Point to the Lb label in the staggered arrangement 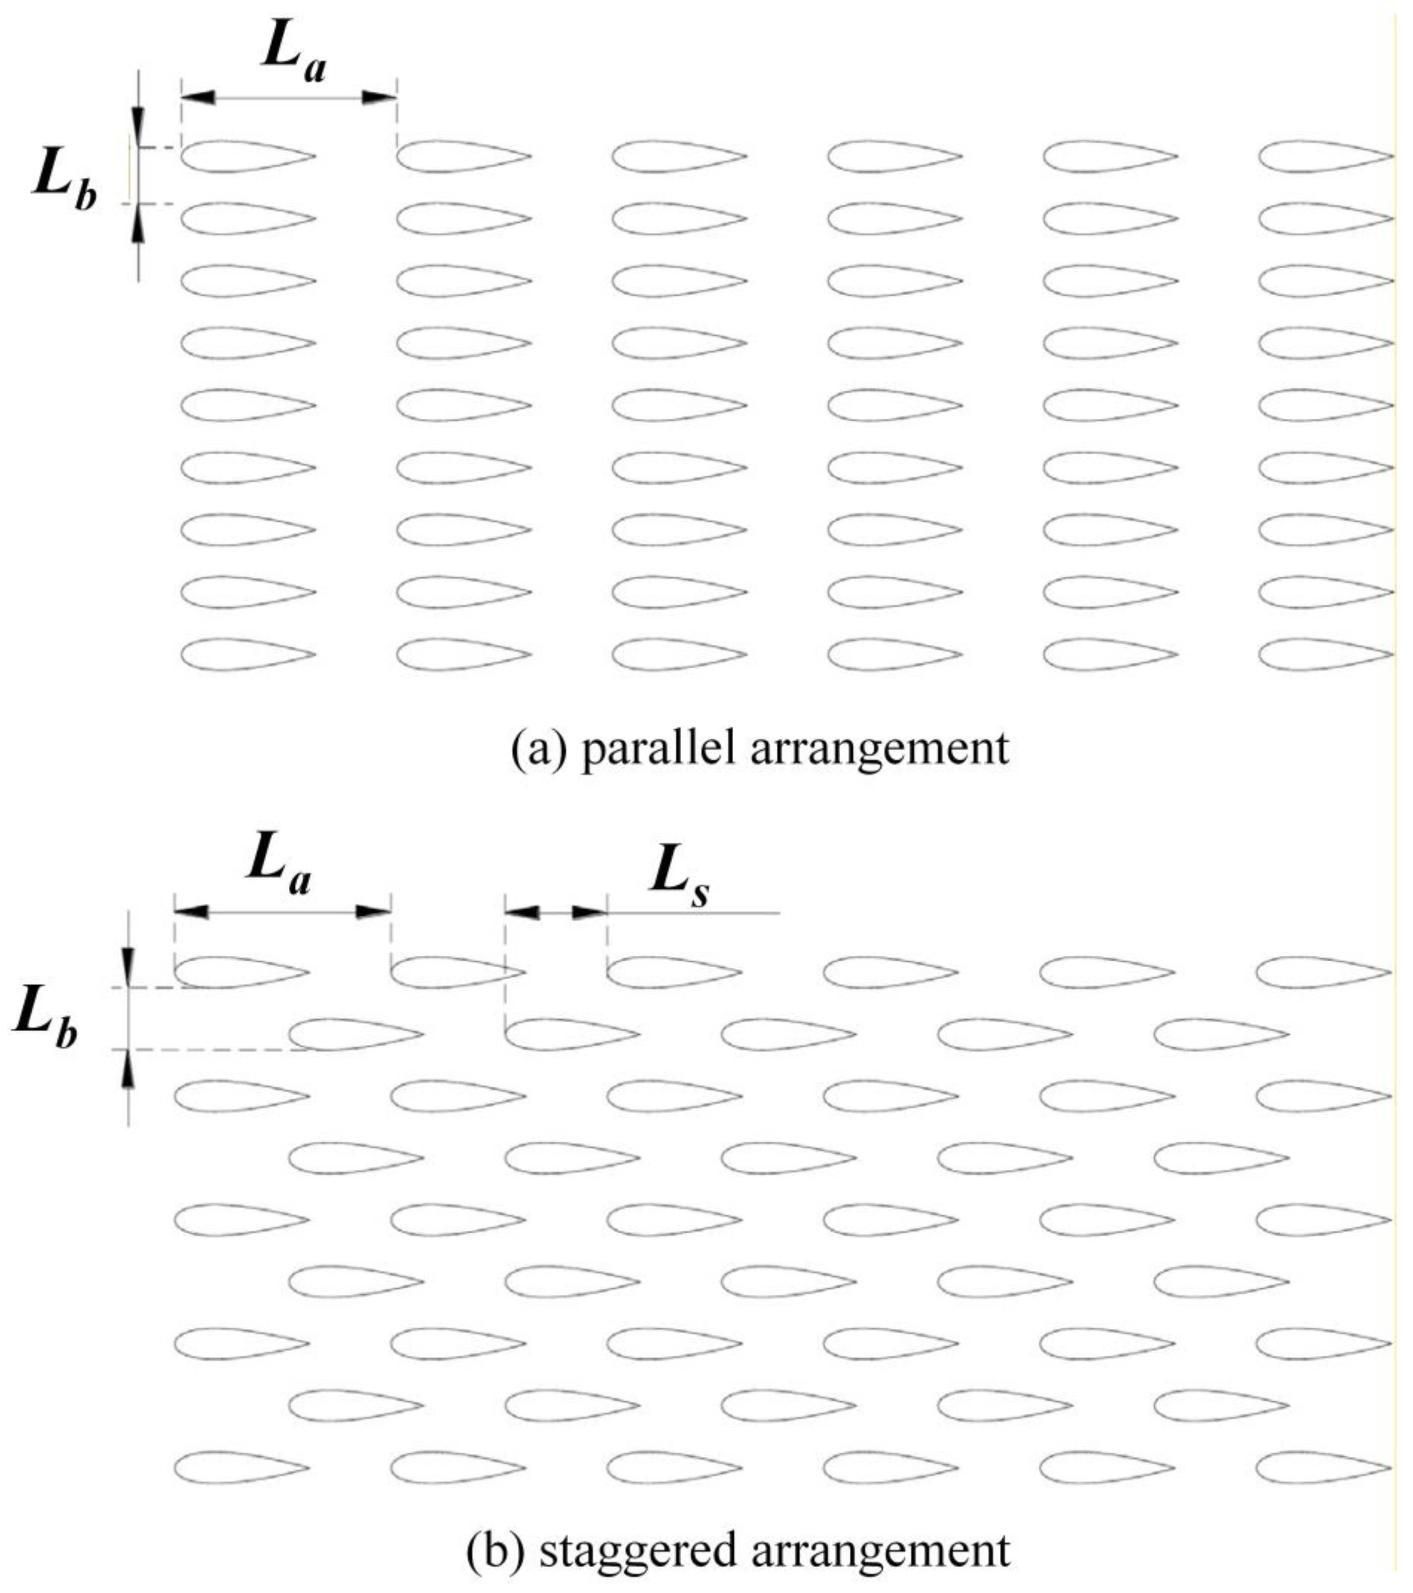45,1021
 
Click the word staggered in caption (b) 638,1550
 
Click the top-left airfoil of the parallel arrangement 247,156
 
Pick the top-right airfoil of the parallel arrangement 1325,156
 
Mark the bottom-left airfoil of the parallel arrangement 247,655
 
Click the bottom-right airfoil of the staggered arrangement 1323,1469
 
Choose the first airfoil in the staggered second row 355,1034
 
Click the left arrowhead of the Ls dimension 523,912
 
